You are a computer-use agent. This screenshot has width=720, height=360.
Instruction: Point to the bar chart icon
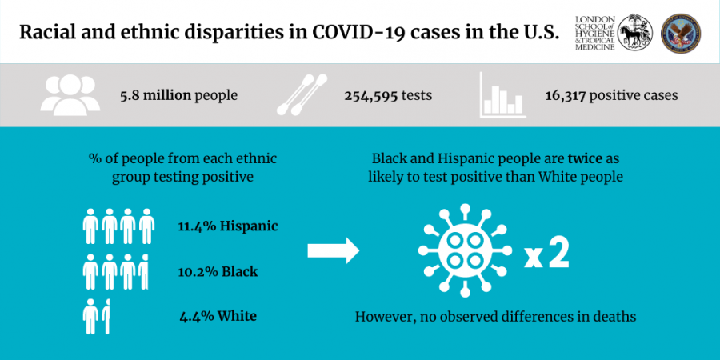[x=501, y=94]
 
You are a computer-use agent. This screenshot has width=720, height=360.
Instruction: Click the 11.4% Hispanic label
[x=228, y=226]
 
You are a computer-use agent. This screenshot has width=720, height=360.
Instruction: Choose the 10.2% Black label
[x=218, y=271]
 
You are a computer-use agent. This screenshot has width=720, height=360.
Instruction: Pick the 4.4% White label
[x=218, y=316]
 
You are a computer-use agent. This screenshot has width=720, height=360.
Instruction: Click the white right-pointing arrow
[x=334, y=251]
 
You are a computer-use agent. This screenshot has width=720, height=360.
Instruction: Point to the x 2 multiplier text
[x=547, y=255]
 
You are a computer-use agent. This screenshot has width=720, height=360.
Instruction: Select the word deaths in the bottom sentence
[x=614, y=317]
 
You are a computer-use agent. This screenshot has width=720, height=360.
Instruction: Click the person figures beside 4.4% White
[x=97, y=316]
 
